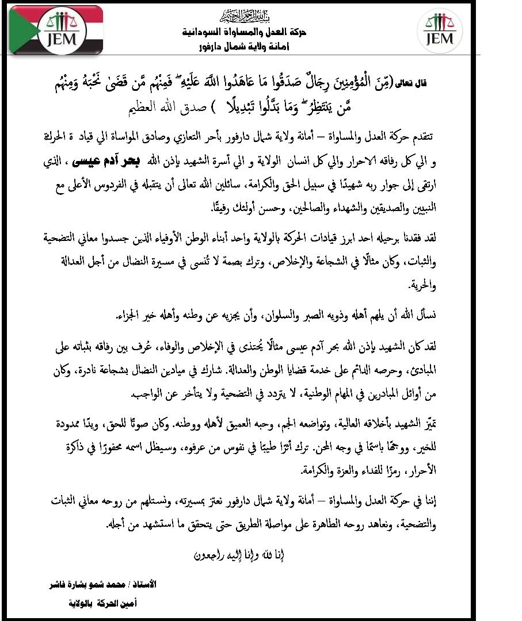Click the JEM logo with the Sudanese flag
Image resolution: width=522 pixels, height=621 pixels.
pos(56,30)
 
